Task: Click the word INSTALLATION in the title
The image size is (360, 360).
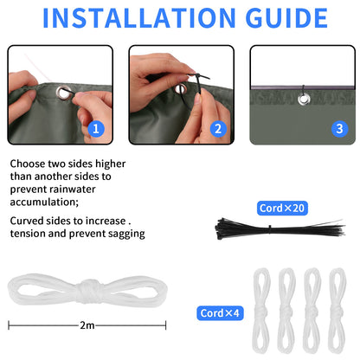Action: point(139,18)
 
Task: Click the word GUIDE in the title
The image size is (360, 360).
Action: point(286,18)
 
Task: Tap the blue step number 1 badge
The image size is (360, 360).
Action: point(96,129)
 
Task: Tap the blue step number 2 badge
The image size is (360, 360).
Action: point(218,129)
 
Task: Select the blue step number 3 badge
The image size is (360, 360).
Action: point(339,129)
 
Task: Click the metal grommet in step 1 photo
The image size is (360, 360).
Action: point(63,93)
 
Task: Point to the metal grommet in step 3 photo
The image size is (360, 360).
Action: point(304,99)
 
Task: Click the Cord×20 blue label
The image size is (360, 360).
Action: point(282,208)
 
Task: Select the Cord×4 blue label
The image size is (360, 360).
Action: point(220,313)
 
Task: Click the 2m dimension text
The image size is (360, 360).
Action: point(87,325)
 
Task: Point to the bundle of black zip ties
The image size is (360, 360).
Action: point(280,229)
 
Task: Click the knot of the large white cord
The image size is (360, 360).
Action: point(89,290)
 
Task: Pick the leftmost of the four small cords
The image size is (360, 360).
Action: point(261,311)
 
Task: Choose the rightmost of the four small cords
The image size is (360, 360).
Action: point(337,311)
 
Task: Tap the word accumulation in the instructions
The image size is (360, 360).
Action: point(44,202)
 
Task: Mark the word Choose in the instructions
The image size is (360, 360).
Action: point(28,164)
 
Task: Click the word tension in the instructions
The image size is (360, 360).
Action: point(28,234)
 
